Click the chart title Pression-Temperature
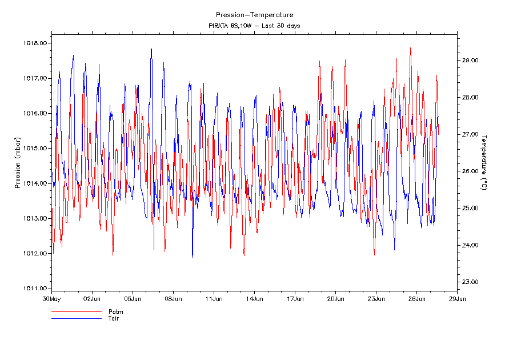pos(254,15)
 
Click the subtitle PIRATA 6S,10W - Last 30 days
pos(254,26)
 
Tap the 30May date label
pos(51,298)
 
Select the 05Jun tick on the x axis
pos(133,298)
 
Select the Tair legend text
pos(114,318)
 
